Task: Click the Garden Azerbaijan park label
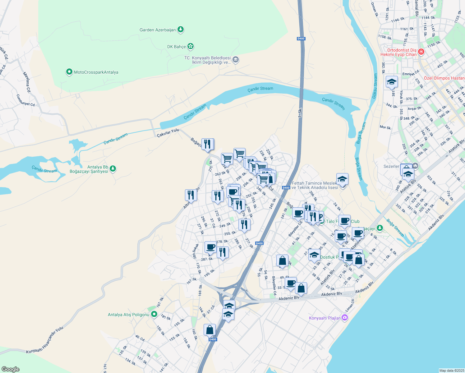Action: tap(158, 30)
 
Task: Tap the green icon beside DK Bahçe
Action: tap(191, 47)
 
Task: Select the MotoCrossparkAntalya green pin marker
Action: tap(69, 72)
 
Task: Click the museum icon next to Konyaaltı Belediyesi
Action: tap(236, 60)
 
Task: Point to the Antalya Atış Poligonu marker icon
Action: tap(154, 315)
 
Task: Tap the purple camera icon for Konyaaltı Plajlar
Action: tap(344, 318)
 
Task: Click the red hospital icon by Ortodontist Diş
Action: tap(421, 52)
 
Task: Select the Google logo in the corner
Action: tap(10, 369)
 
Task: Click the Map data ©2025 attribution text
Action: tap(451, 371)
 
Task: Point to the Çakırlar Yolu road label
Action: tap(168, 133)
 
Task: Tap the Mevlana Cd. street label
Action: tap(27, 82)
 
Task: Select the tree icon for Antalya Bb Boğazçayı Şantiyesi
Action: tap(113, 169)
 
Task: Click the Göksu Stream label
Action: tap(375, 86)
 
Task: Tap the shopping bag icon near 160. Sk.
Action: tap(210, 329)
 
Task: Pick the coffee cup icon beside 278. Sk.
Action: tap(210, 247)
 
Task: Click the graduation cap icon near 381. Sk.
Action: tap(392, 82)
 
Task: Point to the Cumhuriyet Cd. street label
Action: tap(26, 100)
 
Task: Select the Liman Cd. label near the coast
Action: tap(350, 306)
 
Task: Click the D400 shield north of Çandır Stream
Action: tap(301, 39)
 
